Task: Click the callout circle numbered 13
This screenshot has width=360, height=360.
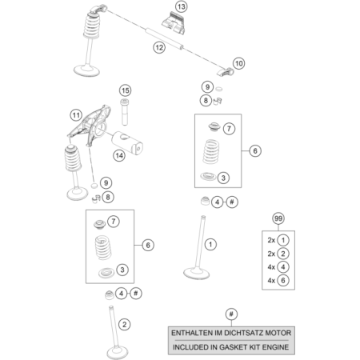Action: (181, 7)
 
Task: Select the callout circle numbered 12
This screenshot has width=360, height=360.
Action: (159, 48)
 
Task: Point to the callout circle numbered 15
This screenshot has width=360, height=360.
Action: (125, 90)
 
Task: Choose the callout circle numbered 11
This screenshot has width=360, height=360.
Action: (75, 114)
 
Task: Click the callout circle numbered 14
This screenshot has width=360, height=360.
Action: (118, 154)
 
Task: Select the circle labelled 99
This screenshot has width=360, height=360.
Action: (278, 218)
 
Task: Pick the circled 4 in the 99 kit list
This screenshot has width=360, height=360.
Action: (285, 266)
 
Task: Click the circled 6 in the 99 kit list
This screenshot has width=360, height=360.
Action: (285, 280)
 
